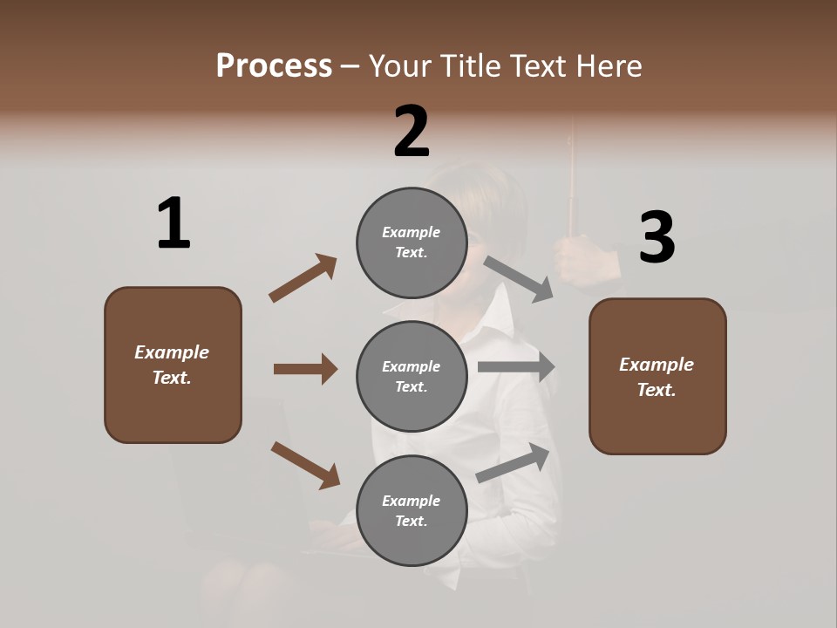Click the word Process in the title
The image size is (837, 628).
[x=274, y=65]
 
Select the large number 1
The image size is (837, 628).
[x=174, y=224]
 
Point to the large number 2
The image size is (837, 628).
[x=412, y=132]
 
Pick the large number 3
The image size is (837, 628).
[x=657, y=238]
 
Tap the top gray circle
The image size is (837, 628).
[x=412, y=242]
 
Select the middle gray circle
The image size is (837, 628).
[x=412, y=377]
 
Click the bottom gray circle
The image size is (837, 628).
[x=412, y=511]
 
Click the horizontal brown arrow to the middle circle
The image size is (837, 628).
[x=305, y=369]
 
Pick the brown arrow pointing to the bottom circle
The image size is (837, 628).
[x=305, y=464]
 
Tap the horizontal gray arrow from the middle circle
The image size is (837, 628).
[x=516, y=367]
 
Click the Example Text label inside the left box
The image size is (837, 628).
[x=172, y=365]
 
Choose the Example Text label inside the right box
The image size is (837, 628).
[x=657, y=377]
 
